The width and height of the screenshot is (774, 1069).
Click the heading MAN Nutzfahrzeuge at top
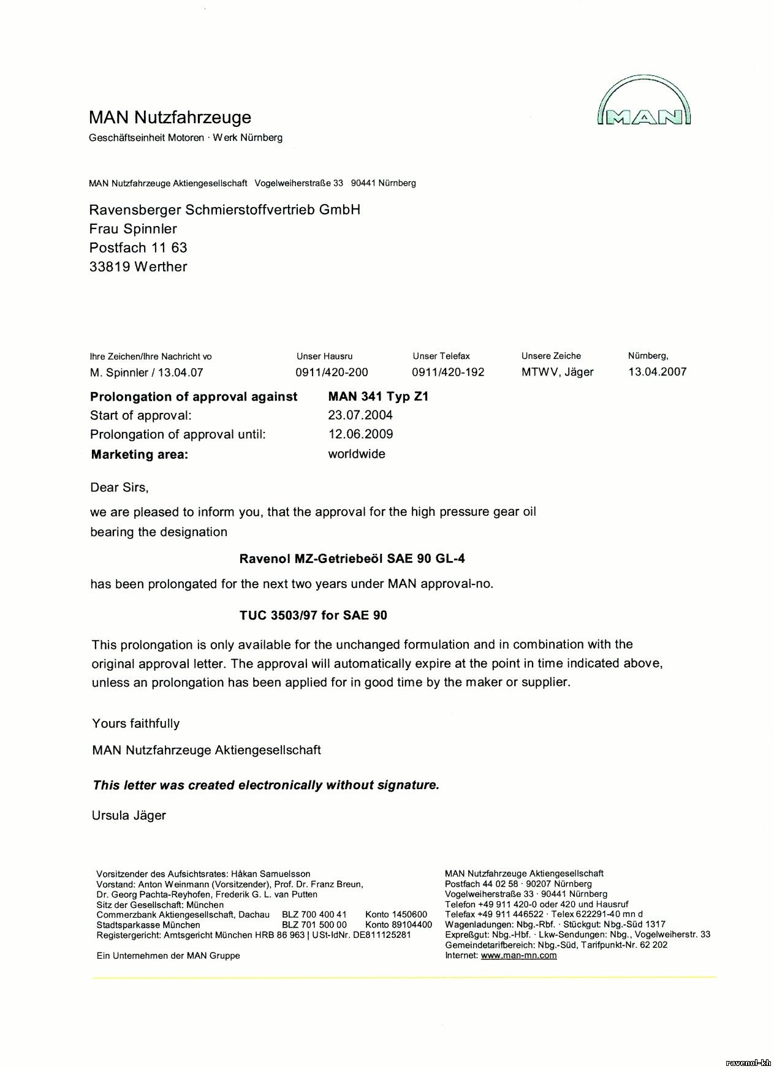coord(170,117)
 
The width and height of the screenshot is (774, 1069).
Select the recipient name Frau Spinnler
coord(133,229)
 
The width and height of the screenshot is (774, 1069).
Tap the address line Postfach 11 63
coord(138,247)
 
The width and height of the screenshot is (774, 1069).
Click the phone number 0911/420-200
coord(332,372)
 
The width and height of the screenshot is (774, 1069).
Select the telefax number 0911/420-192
coord(448,372)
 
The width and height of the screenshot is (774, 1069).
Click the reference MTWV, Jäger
coord(557,372)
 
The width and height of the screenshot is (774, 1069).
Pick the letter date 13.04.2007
coord(657,371)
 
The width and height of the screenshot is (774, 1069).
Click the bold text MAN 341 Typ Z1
coord(378,396)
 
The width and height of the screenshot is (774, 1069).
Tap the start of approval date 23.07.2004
coord(360,415)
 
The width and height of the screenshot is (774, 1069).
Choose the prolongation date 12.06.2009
coord(360,434)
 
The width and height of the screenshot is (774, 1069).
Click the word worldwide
coord(357,454)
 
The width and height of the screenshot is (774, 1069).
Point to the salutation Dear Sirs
coord(120,488)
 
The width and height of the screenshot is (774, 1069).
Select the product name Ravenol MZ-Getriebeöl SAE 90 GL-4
coord(347,559)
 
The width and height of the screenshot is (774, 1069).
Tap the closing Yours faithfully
coord(136,723)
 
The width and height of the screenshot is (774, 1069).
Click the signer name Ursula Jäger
coord(129,815)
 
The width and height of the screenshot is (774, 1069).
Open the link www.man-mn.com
coord(518,955)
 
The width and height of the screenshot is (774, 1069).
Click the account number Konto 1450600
coord(396,915)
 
